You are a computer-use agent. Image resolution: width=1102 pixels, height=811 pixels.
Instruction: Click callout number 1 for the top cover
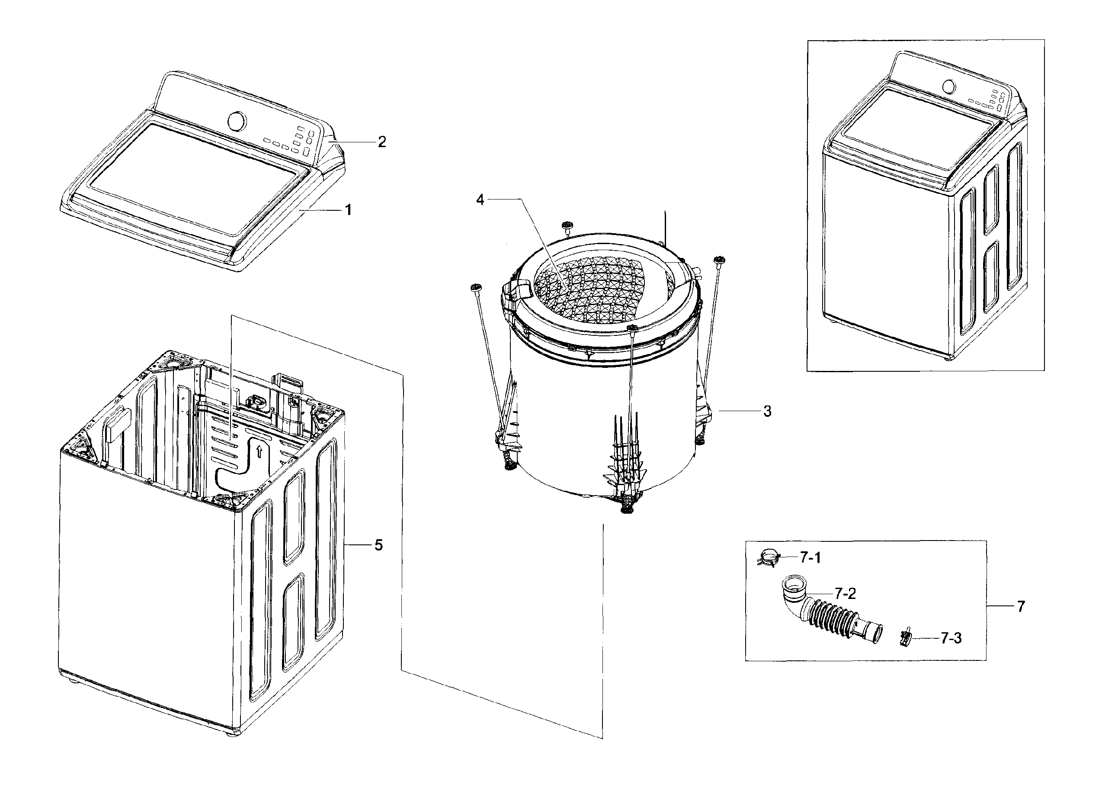(x=348, y=210)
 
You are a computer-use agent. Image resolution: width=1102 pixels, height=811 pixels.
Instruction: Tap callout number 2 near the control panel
(x=382, y=142)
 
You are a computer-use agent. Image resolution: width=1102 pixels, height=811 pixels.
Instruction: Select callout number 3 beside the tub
(x=767, y=412)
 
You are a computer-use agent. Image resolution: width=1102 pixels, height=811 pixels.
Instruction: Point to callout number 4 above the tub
(x=480, y=200)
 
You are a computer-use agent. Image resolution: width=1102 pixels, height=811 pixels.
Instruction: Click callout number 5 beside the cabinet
(x=378, y=545)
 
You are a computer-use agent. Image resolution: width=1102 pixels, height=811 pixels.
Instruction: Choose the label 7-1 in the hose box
(x=810, y=557)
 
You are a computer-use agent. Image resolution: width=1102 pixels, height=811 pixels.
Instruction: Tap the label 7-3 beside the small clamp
(x=951, y=638)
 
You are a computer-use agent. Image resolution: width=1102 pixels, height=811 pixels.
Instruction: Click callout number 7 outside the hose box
(x=1021, y=607)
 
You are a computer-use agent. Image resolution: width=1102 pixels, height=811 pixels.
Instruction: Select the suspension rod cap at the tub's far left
(x=475, y=287)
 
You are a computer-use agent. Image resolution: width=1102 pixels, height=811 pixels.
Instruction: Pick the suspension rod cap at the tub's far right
(x=719, y=260)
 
